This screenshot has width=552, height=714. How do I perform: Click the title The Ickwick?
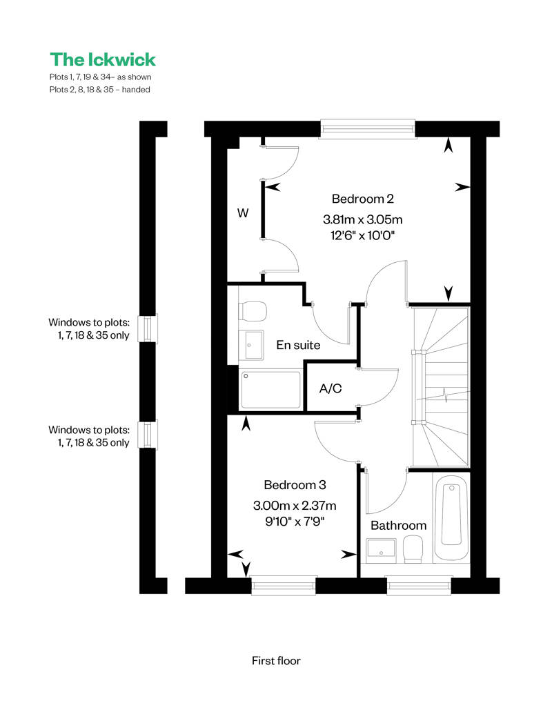point(103,59)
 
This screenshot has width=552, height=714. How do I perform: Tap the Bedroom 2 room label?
point(362,199)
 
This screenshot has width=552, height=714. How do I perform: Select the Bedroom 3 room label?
point(295,485)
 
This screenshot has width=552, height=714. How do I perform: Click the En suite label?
point(298,345)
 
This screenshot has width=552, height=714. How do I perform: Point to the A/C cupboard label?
point(331,388)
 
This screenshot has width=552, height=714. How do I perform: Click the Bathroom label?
point(399,526)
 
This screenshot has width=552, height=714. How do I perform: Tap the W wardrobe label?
point(243,212)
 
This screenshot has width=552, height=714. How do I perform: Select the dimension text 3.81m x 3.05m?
point(362,219)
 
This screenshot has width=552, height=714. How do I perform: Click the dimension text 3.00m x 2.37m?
point(295,506)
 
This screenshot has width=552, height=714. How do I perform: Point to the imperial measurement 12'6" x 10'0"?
point(362,235)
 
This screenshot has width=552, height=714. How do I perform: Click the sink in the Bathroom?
point(381,548)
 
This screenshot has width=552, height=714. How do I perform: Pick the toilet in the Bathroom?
point(413,548)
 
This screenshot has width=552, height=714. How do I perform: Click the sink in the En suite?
point(251,345)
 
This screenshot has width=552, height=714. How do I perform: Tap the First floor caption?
point(276,661)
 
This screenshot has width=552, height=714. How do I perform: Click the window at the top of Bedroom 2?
point(368,128)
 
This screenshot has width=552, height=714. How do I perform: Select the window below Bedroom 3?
point(284,586)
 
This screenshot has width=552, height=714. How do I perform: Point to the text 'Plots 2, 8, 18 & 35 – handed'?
point(100,90)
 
